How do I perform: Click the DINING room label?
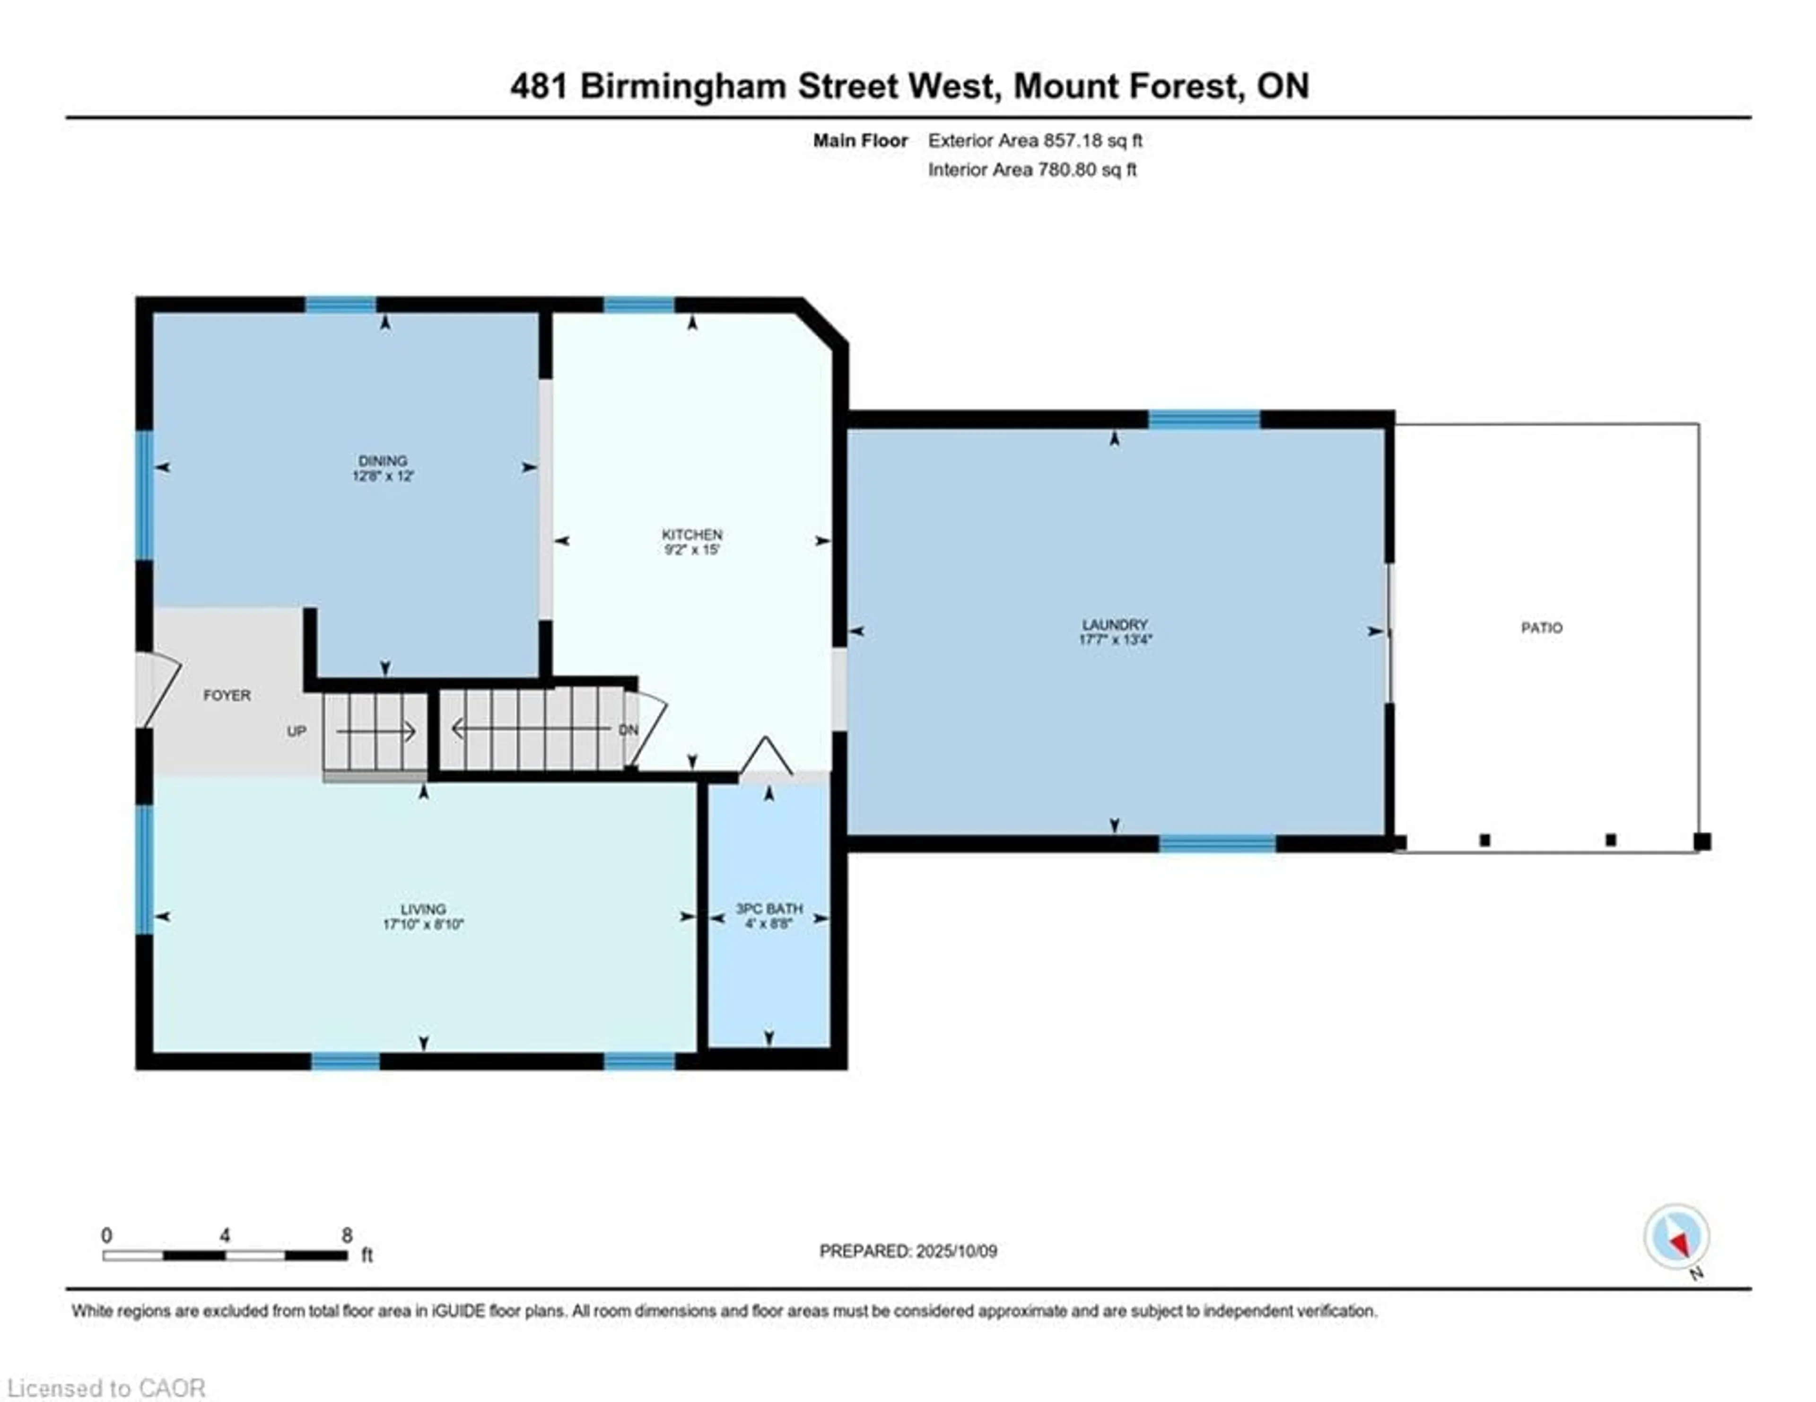click(x=383, y=461)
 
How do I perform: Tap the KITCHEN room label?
click(x=692, y=535)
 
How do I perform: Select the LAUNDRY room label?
click(x=1114, y=624)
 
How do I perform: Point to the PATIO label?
click(x=1542, y=628)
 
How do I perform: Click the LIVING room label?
click(x=423, y=909)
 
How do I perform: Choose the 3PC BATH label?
click(x=769, y=909)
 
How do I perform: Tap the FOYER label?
click(x=227, y=695)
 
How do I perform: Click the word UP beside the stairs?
click(x=297, y=731)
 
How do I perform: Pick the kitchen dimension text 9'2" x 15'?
click(x=692, y=550)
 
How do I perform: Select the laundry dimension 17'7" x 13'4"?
click(x=1114, y=640)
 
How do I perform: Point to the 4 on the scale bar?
click(x=225, y=1236)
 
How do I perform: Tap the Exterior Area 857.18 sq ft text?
click(x=1035, y=140)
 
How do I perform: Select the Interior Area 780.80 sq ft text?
click(x=1032, y=170)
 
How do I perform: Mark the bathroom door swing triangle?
click(x=767, y=757)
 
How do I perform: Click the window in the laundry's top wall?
click(x=1204, y=419)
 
